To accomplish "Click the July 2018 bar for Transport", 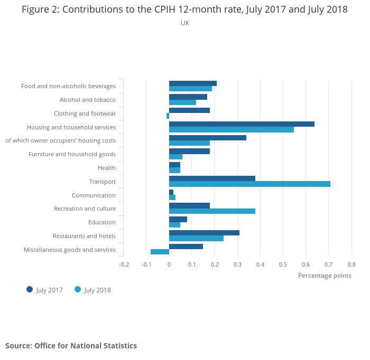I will [249, 184].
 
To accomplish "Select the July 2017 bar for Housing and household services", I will [242, 124].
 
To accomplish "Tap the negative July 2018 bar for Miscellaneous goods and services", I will [160, 252].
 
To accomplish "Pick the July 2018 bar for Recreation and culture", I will [212, 211].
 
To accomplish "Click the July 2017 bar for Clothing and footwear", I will [189, 110].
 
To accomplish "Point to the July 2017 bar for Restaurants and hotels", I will [204, 233].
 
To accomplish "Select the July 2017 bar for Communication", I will [171, 192].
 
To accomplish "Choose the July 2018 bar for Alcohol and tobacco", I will [182, 102].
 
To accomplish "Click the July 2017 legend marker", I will [30, 289].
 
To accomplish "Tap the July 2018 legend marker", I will [78, 289].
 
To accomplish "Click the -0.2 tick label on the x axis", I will [124, 264].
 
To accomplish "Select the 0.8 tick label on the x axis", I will [351, 264].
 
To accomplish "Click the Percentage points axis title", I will [325, 276].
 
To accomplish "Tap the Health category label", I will [107, 168].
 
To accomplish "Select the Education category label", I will [103, 222].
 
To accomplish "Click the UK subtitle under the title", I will [185, 23].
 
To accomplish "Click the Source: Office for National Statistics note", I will [71, 346].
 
